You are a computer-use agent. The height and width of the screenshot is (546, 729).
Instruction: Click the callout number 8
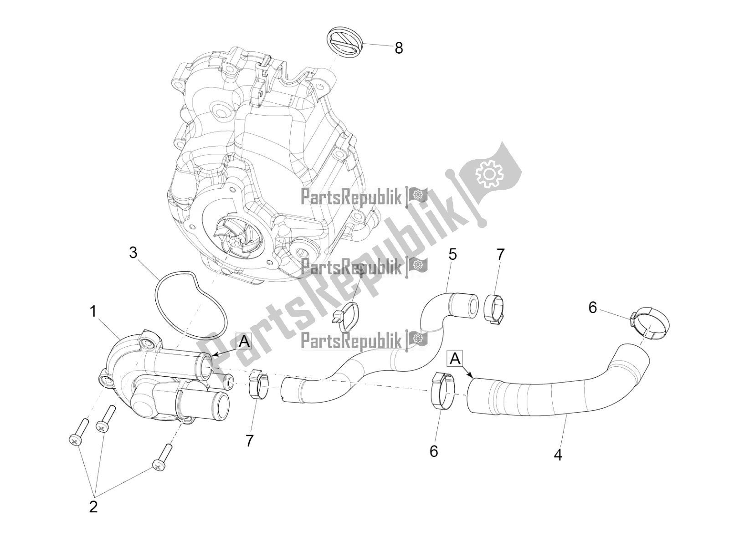(x=399, y=48)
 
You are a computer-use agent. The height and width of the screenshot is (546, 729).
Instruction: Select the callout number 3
(x=133, y=253)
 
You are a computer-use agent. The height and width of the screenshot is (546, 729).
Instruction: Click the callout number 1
(x=93, y=312)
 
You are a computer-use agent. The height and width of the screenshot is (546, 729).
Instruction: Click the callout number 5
(x=452, y=254)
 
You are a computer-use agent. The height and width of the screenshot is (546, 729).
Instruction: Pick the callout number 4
(x=558, y=454)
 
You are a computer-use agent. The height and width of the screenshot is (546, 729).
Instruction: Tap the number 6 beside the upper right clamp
(x=592, y=308)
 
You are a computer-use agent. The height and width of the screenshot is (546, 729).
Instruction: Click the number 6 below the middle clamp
(x=434, y=451)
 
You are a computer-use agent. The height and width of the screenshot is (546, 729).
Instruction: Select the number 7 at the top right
(x=500, y=255)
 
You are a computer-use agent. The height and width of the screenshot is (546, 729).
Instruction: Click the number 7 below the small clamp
(x=249, y=440)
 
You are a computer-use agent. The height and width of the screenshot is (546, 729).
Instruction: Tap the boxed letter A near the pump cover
(x=244, y=341)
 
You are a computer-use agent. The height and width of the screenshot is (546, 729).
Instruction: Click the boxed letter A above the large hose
(x=455, y=359)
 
